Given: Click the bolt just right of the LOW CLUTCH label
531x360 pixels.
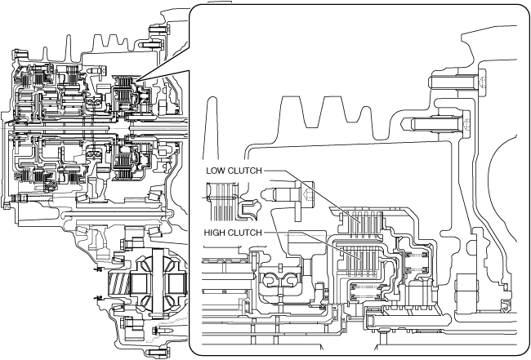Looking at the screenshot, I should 289,195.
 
